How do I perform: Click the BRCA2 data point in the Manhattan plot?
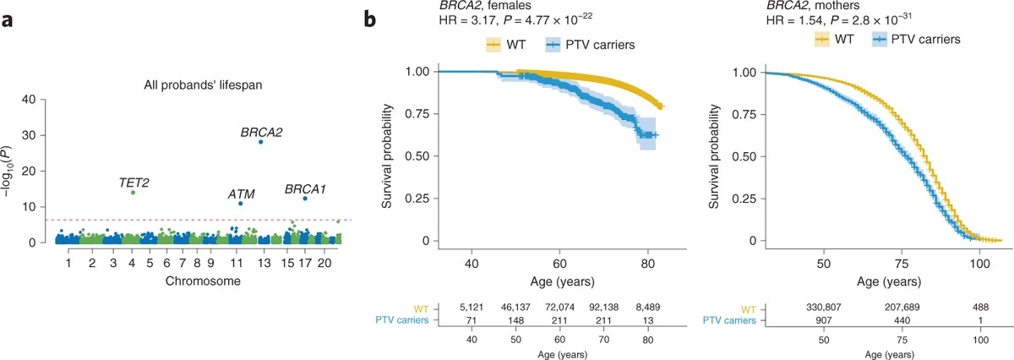pyautogui.click(x=261, y=141)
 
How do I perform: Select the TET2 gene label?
pyautogui.click(x=134, y=182)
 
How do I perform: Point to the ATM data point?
pyautogui.click(x=241, y=203)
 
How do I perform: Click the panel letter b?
pyautogui.click(x=368, y=16)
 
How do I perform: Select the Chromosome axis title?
pyautogui.click(x=199, y=281)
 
